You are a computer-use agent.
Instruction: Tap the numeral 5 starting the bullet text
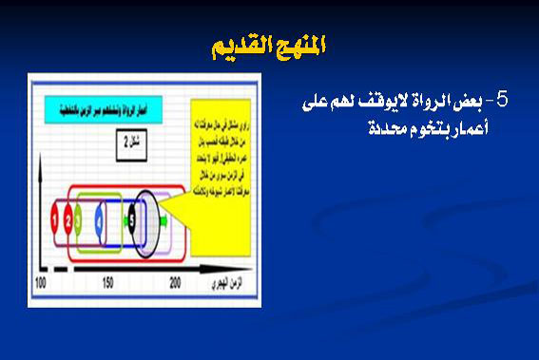click(x=503, y=102)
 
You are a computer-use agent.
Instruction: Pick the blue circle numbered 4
click(x=102, y=224)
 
